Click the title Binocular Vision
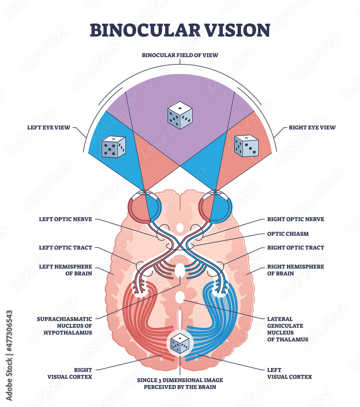click(x=180, y=30)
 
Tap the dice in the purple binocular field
click(x=180, y=115)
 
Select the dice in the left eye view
click(x=113, y=147)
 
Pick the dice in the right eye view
click(x=246, y=146)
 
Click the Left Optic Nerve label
click(x=65, y=219)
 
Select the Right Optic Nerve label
click(x=296, y=219)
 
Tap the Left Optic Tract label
click(x=65, y=247)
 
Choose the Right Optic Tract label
click(x=296, y=247)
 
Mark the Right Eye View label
click(x=312, y=127)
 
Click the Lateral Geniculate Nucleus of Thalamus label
click(x=288, y=329)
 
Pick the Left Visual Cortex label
click(x=289, y=373)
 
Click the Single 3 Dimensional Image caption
click(x=180, y=383)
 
